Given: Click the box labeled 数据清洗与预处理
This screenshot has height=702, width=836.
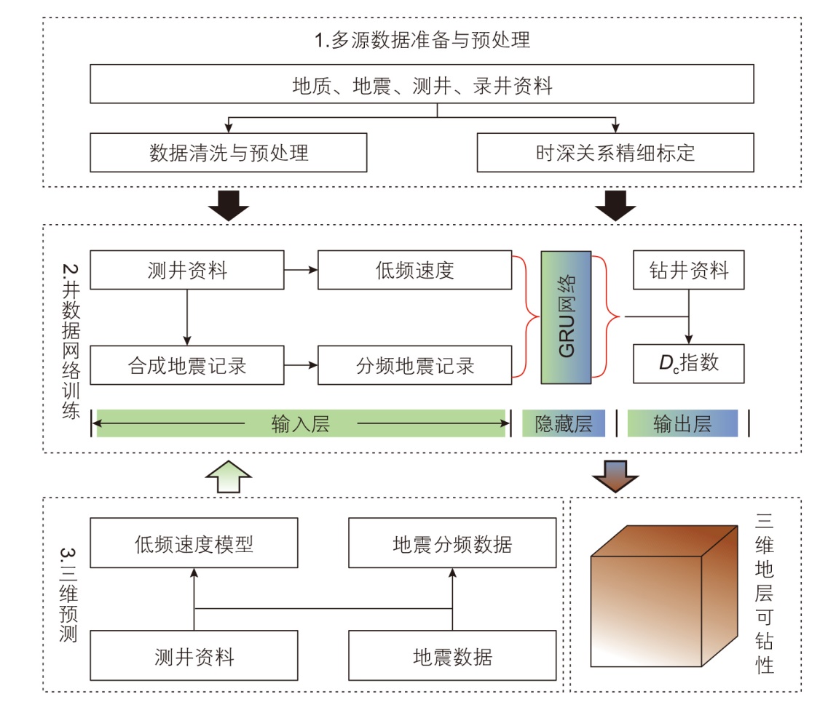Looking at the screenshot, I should [x=229, y=153].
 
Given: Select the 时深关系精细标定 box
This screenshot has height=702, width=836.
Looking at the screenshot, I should [x=615, y=153].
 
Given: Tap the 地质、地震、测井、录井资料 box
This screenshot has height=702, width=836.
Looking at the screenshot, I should [x=422, y=86].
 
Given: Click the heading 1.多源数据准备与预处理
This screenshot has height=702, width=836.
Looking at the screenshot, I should [x=422, y=39].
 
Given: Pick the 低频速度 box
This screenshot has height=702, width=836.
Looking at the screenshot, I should [x=415, y=271].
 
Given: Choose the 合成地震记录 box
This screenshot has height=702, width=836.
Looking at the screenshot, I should [x=187, y=364].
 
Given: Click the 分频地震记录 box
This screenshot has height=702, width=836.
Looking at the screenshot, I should [x=415, y=364].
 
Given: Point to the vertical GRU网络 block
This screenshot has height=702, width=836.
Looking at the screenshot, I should [x=566, y=316].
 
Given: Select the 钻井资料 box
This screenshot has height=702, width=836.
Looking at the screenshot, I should [x=689, y=271].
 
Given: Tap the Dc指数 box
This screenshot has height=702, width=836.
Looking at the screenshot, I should [x=689, y=364].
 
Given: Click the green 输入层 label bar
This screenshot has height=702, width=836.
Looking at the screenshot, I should [x=300, y=423].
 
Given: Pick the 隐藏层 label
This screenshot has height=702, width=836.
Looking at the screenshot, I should [x=564, y=423].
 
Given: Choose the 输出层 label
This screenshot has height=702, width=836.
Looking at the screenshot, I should [x=682, y=423].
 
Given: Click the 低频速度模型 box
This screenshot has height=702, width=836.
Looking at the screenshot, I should [x=194, y=543].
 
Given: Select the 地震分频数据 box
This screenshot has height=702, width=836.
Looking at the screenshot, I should [x=452, y=543].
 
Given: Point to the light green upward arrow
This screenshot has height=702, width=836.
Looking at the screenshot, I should [x=229, y=478].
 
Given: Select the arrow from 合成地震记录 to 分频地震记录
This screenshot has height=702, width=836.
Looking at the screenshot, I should [x=301, y=364].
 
